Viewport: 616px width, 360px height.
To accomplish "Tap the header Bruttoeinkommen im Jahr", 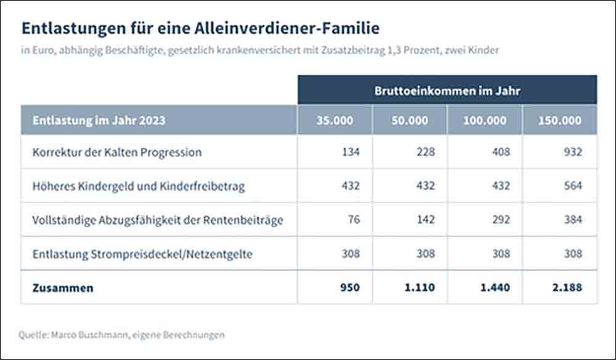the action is tap(447, 91).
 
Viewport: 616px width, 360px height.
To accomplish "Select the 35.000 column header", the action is tap(334, 120).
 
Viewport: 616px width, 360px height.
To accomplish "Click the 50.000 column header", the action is tap(410, 120).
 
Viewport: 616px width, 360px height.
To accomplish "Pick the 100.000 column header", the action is tap(485, 120).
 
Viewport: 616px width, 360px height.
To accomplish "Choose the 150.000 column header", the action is tap(560, 120).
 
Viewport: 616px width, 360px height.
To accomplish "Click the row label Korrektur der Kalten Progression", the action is tap(117, 152).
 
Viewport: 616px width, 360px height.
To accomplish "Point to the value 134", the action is tap(351, 152).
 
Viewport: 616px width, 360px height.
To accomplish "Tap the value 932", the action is tap(573, 152).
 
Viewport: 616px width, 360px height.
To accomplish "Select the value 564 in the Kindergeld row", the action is tap(573, 186).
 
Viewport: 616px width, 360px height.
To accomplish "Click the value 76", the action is tap(354, 219).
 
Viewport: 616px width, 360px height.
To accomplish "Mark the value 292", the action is tap(501, 219).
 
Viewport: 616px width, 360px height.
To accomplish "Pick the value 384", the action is tap(573, 219).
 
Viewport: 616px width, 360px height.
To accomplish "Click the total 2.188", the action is tap(567, 287).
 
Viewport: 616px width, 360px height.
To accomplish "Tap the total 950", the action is tap(350, 287).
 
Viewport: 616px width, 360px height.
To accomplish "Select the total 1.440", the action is tap(495, 287).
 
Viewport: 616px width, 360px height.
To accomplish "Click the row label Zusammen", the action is tap(63, 288).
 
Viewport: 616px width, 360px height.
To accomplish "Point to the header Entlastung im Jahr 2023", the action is tap(99, 120).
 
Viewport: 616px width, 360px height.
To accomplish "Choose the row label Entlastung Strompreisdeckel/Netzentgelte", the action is tap(142, 254).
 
